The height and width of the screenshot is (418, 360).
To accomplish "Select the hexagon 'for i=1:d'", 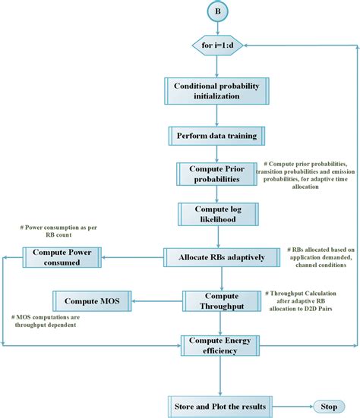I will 217,46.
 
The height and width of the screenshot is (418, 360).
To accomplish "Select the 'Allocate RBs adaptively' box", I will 221,257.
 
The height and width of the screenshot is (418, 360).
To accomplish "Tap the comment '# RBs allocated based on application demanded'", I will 320,258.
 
